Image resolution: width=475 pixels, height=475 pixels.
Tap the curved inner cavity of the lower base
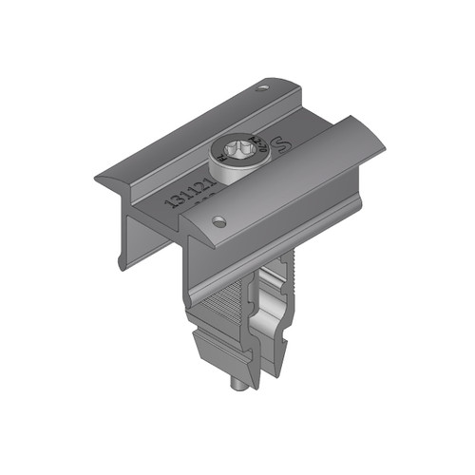[x=275, y=313]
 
